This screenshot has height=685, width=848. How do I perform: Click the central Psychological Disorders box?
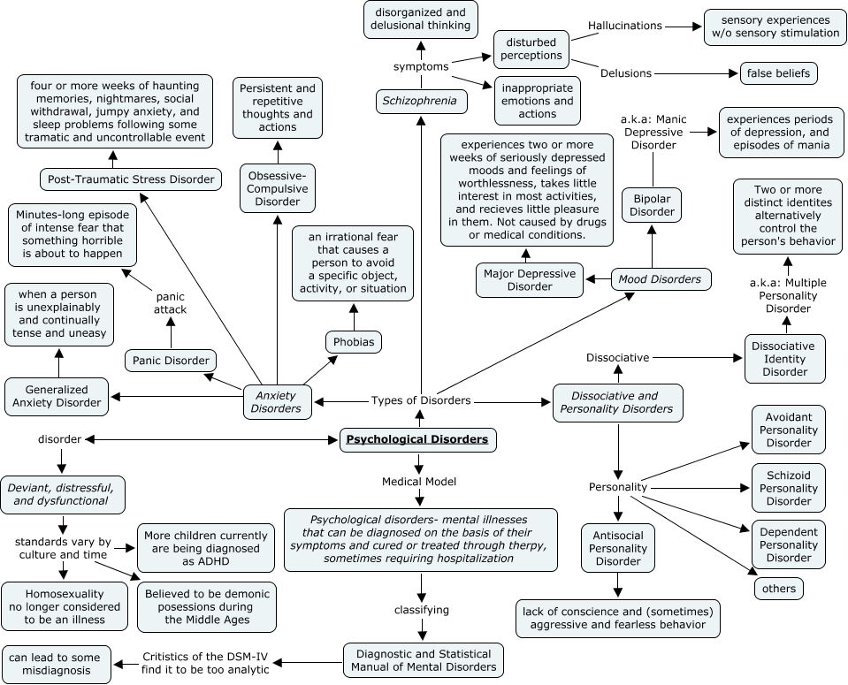[x=416, y=439]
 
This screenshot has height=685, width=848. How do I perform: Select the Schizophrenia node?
[x=420, y=102]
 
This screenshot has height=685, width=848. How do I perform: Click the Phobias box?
[x=353, y=341]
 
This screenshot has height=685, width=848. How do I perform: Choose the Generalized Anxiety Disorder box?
[x=57, y=395]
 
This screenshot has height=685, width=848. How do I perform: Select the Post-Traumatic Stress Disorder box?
[x=130, y=179]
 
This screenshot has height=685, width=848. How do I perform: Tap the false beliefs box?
[x=778, y=73]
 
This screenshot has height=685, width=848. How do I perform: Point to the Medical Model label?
[x=419, y=482]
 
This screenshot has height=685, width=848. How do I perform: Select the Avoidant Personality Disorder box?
[x=789, y=429]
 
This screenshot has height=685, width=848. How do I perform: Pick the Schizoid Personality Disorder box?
[x=789, y=487]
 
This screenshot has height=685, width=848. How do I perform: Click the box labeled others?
[x=778, y=588]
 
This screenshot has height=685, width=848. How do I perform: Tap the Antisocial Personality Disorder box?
[x=618, y=548]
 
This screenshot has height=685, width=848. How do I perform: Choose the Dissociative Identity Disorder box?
[x=784, y=358]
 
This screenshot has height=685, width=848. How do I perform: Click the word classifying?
[x=421, y=610]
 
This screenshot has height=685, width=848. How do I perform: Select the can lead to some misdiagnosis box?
[x=57, y=665]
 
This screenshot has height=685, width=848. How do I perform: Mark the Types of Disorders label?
[x=421, y=400]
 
